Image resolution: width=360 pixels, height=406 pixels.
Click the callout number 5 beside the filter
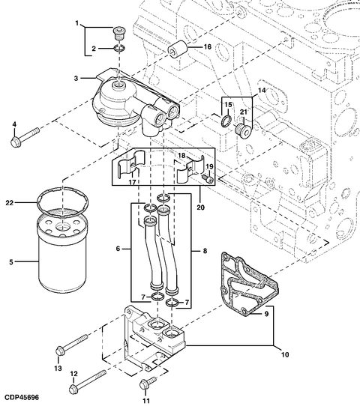tap(10, 261)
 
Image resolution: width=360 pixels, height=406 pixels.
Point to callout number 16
tap(208, 46)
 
